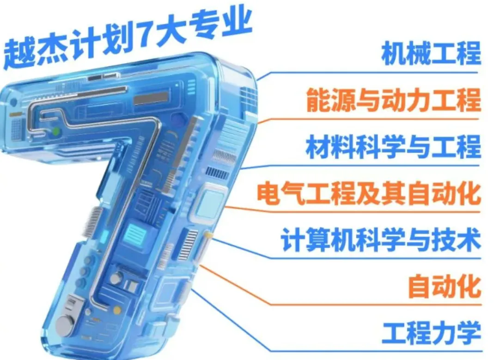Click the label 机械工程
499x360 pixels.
tap(431, 53)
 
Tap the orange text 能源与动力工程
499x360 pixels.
tap(394, 100)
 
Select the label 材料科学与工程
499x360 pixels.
tap(394, 146)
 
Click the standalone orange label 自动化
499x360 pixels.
tap(444, 287)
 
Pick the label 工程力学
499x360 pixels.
tap(431, 333)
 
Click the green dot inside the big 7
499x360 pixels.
tap(56, 131)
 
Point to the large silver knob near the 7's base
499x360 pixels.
tap(65, 325)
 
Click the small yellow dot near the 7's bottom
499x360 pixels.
tap(117, 310)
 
